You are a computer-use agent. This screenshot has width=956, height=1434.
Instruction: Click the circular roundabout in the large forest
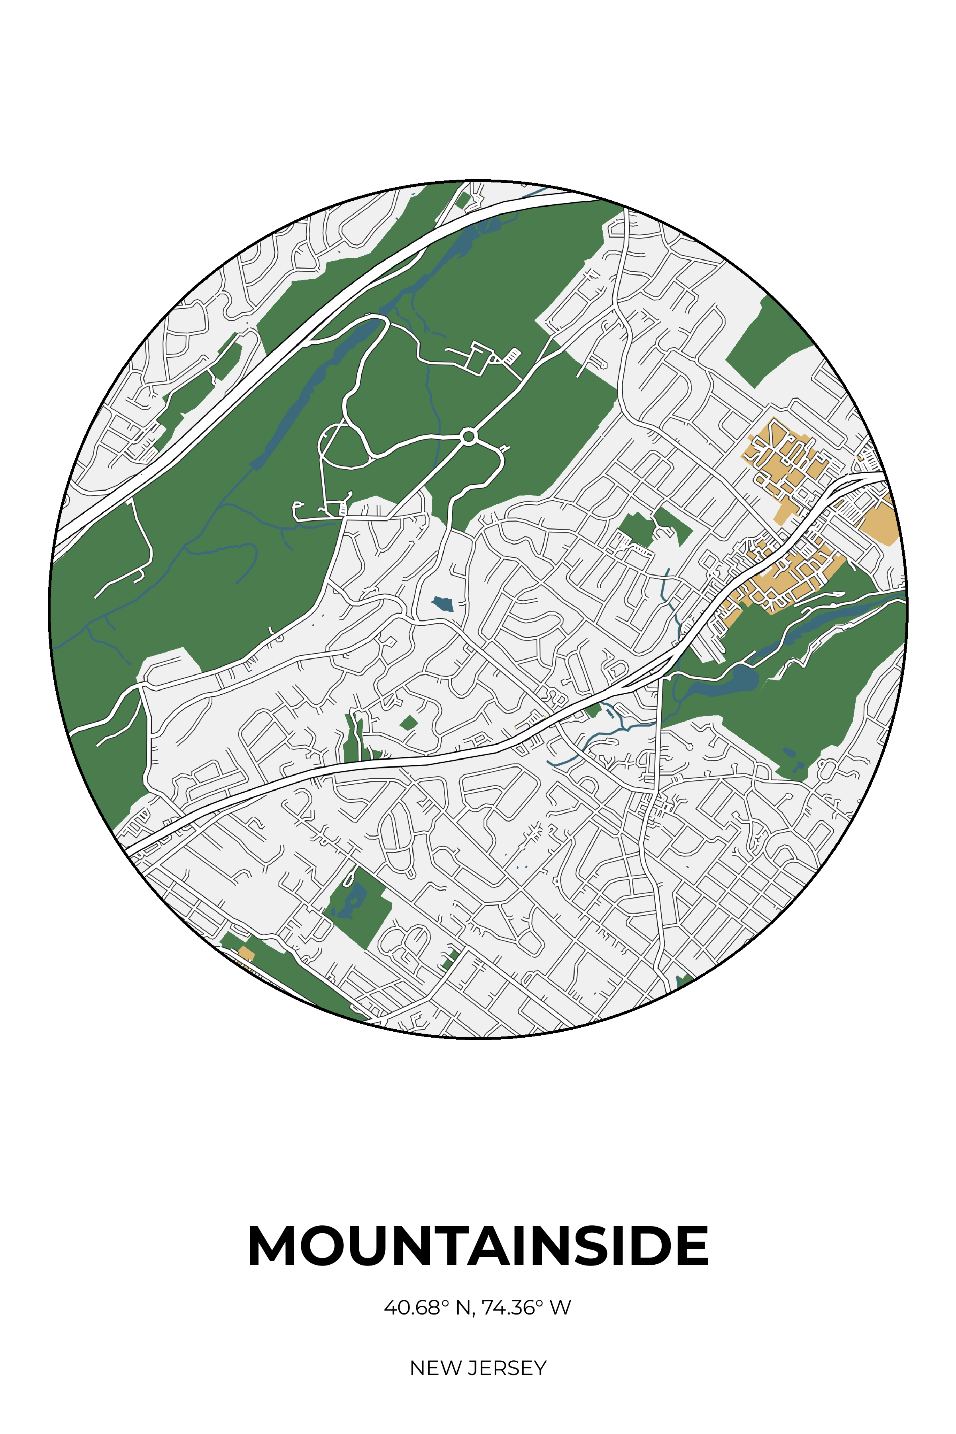pos(468,437)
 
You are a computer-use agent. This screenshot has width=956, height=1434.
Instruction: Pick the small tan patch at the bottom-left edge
pos(246,953)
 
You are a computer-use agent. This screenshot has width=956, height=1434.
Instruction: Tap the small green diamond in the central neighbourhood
pos(409,723)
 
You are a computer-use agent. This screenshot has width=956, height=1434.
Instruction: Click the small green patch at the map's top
pos(463,200)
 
